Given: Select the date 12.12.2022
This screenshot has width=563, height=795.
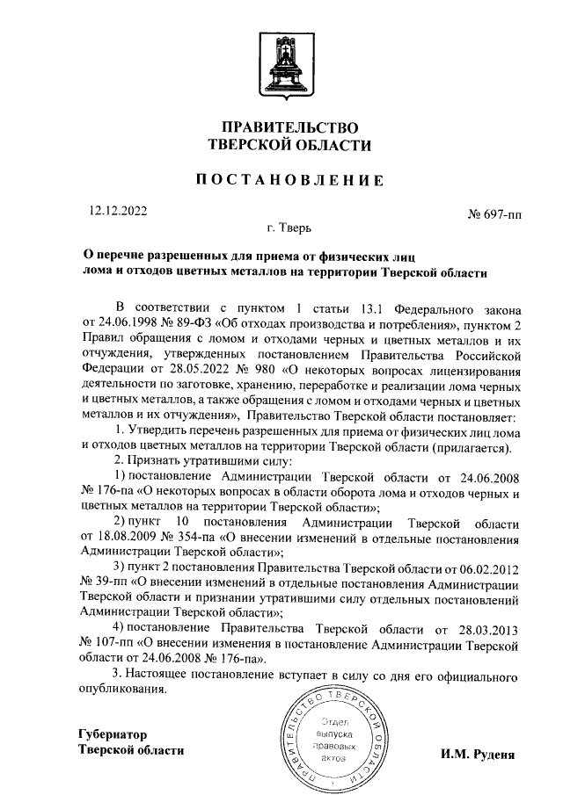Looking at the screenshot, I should pyautogui.click(x=119, y=211).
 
